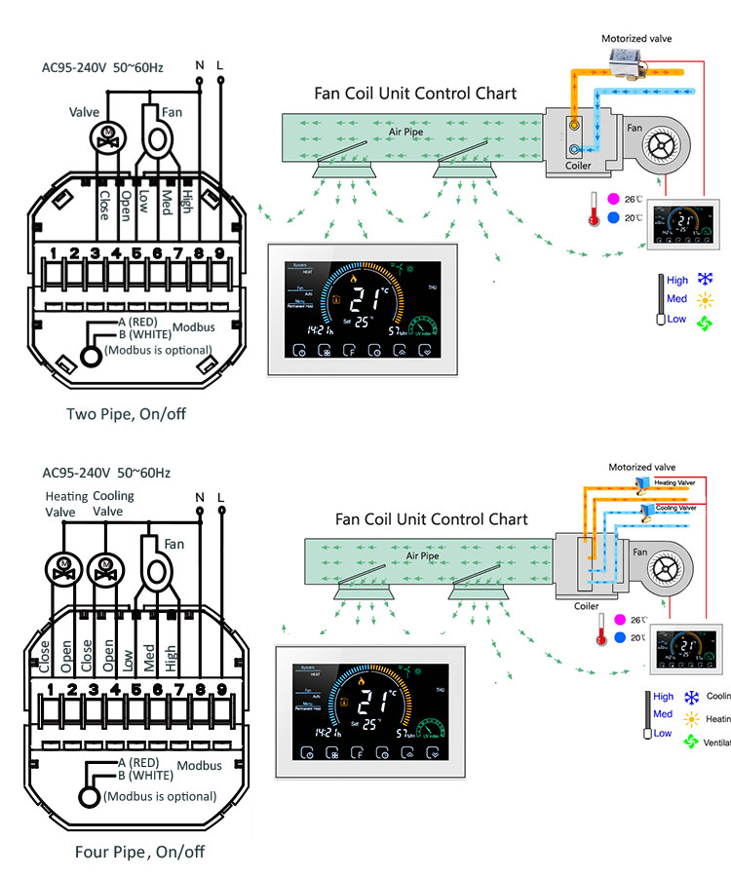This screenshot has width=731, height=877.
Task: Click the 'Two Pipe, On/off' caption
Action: point(126,414)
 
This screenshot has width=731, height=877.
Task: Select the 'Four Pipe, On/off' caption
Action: point(139,852)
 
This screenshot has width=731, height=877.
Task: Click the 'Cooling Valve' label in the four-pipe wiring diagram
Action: point(114,504)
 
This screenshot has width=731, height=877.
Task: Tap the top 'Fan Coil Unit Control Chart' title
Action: point(415,94)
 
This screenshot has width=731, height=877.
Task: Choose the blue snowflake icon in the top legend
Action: point(706,279)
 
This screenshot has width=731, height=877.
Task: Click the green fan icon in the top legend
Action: point(706,322)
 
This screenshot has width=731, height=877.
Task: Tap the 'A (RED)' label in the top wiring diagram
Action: point(139,323)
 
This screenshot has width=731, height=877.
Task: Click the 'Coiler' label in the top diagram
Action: point(579,166)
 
